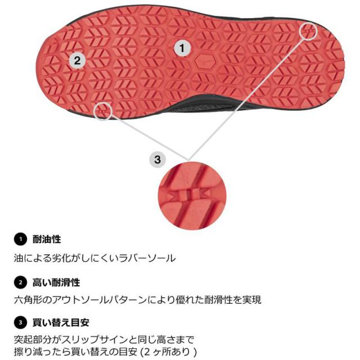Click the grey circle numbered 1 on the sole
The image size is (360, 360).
click(181, 48)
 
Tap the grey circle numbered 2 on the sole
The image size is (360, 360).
click(78, 60)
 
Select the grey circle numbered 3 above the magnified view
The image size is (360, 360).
click(157, 159)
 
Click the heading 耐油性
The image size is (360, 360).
click(47, 239)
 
